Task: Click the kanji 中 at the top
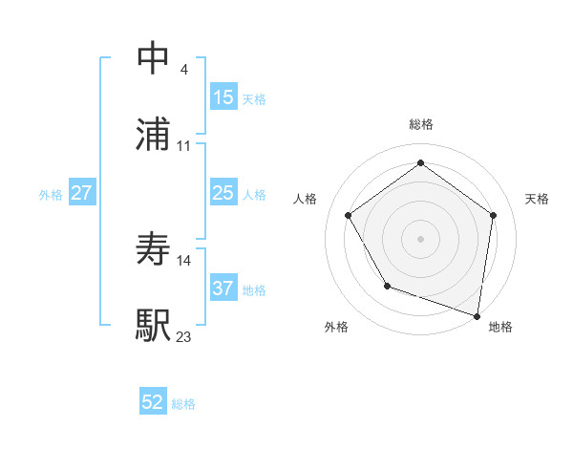[x=154, y=58]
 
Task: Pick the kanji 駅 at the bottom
[x=154, y=325]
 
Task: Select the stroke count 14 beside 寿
[x=184, y=260]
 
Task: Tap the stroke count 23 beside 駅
[x=184, y=336]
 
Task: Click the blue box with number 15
[x=223, y=97]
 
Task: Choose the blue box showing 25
[x=223, y=193]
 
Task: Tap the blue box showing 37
[x=223, y=289]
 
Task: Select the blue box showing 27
[x=82, y=193]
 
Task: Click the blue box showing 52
[x=153, y=402]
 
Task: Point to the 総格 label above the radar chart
[x=421, y=124]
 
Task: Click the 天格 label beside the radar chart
[x=537, y=199]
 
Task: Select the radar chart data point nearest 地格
[x=477, y=314]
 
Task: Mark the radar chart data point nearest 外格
[x=387, y=286]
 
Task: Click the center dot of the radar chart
[x=421, y=238]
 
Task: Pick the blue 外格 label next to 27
[x=51, y=194]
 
